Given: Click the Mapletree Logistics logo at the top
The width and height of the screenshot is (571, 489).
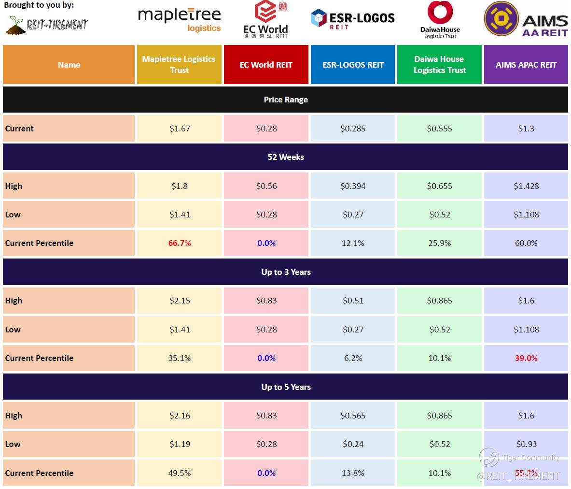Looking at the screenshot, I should click(x=179, y=20).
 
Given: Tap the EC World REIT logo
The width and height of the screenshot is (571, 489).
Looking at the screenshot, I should click(x=265, y=20).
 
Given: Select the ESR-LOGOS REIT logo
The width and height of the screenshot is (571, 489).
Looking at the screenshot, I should click(x=352, y=19).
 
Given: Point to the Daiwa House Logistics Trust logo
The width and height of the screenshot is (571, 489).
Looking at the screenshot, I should click(x=440, y=20).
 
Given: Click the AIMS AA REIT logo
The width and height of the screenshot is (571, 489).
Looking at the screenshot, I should click(x=526, y=20).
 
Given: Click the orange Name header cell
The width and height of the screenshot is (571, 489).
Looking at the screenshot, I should click(x=69, y=65).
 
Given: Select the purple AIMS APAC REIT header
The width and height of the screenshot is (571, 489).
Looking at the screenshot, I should click(x=526, y=65).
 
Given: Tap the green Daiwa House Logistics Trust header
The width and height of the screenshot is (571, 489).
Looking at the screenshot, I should click(x=439, y=65).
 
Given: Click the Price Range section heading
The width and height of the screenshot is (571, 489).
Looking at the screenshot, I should click(x=286, y=100).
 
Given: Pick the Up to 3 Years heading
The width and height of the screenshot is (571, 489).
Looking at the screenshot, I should click(x=286, y=272).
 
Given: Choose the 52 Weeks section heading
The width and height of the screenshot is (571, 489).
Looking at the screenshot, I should click(x=286, y=157).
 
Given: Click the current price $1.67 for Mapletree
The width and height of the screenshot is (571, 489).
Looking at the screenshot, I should click(x=180, y=129).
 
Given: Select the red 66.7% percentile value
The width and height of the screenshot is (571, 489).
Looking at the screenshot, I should click(x=180, y=243).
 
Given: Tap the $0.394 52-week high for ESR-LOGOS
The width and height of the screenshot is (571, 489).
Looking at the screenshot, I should click(x=353, y=186).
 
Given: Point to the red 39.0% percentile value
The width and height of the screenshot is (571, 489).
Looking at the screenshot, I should click(x=526, y=358).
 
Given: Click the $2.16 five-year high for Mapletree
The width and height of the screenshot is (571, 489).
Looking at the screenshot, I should click(x=180, y=416).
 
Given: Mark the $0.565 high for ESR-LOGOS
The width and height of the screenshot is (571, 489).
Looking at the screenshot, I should click(x=353, y=416).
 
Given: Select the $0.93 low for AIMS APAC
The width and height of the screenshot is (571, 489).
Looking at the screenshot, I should click(x=526, y=444).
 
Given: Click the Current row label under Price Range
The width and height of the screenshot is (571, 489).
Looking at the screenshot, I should click(x=19, y=129).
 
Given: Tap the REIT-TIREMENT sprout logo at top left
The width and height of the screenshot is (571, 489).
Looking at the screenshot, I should click(x=47, y=24).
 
